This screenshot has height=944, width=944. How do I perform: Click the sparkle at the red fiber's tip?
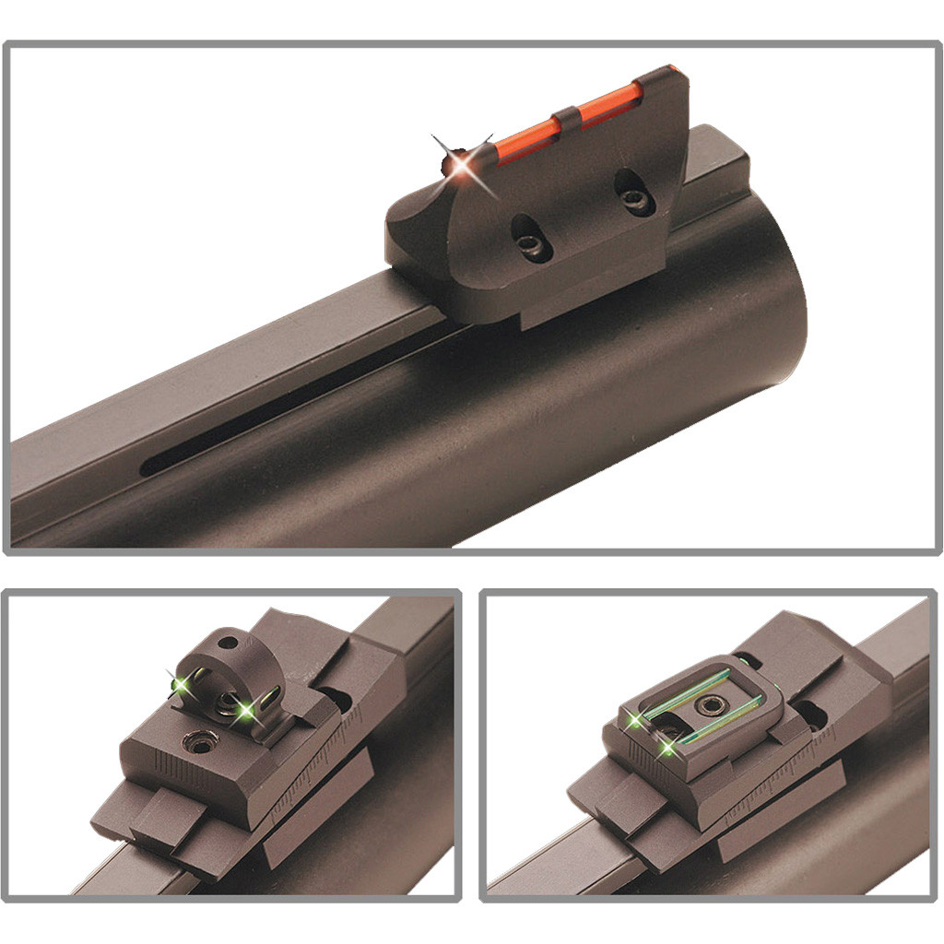457,163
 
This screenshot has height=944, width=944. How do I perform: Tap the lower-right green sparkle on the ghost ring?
246,711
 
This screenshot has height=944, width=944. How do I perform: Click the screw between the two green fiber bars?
710,706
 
